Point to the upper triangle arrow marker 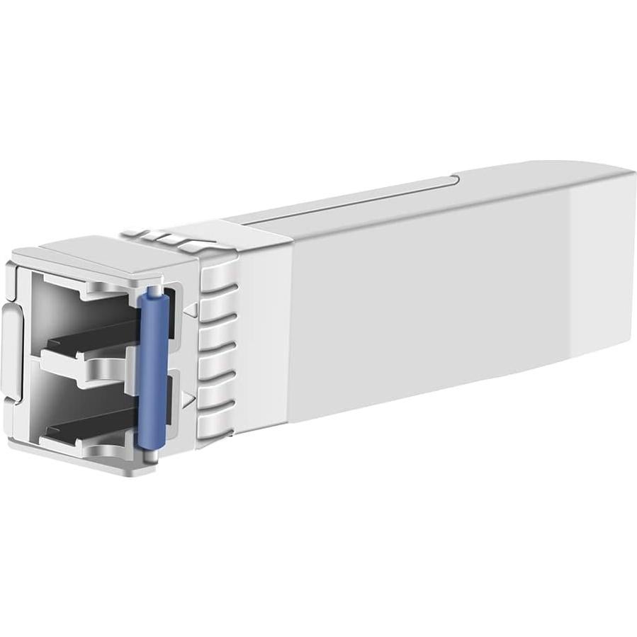189,309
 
